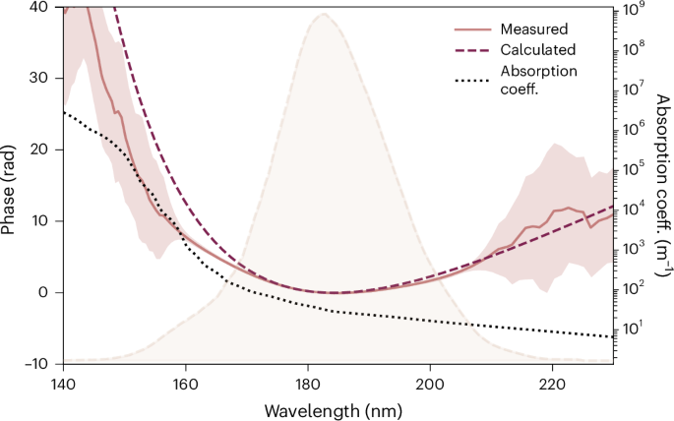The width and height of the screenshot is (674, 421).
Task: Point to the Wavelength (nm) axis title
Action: coord(337,407)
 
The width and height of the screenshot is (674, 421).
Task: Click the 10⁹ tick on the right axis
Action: coord(633,9)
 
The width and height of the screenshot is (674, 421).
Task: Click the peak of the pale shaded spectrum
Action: coord(322,15)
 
